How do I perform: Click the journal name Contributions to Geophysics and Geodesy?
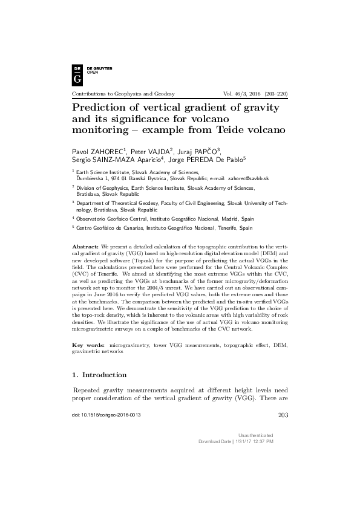pyautogui.click(x=123, y=94)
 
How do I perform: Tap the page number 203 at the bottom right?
pyautogui.click(x=281, y=415)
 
